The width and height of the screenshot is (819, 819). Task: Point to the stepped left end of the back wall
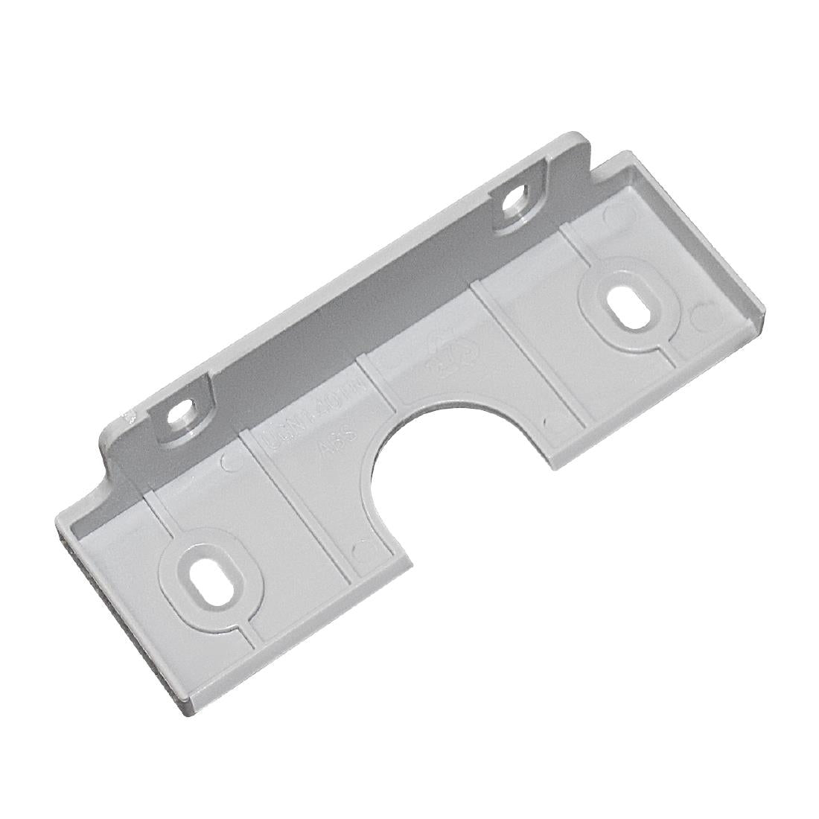[112, 447]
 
